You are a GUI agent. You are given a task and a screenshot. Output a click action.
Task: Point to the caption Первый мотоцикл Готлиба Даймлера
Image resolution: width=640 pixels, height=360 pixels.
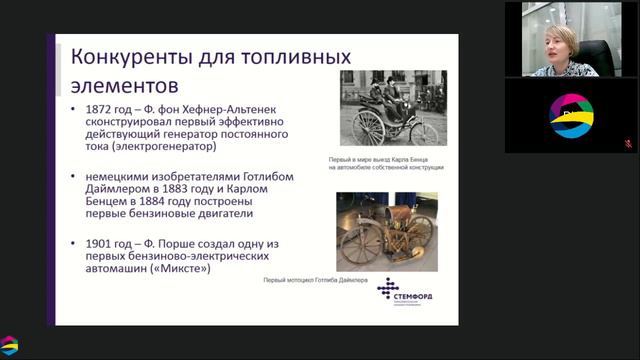316,283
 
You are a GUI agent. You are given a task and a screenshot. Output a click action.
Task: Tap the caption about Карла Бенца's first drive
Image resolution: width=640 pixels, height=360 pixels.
386,163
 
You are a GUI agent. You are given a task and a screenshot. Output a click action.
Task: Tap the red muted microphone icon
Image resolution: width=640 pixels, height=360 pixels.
627,143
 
